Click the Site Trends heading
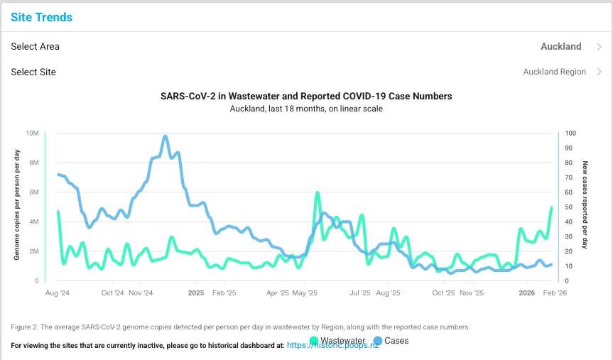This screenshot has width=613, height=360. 41,17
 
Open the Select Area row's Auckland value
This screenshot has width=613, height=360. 560,47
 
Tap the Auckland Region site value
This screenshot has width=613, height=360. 554,72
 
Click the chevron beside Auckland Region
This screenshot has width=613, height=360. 600,72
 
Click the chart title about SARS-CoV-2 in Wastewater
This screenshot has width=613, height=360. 306,96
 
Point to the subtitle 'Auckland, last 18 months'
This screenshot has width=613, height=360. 306,109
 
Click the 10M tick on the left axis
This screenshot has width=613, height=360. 32,133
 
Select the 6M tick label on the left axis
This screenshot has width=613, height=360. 33,192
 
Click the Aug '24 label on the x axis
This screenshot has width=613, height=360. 57,293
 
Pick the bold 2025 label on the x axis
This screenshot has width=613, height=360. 196,293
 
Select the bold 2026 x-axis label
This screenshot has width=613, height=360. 527,293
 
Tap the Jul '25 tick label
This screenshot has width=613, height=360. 360,293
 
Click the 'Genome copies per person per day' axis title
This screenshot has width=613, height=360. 16,207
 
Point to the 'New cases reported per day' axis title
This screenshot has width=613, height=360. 585,207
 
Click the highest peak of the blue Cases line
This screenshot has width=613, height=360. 166,136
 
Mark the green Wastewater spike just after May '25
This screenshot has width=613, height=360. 317,192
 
